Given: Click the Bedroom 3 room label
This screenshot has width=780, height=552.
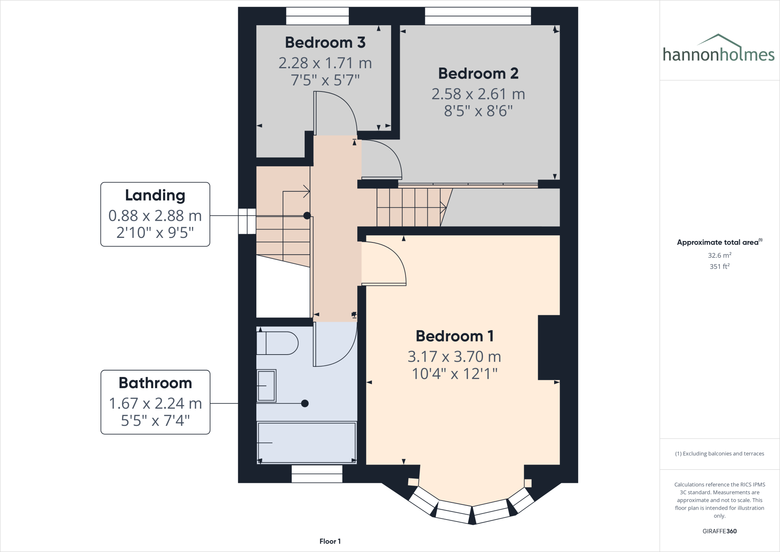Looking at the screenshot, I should pos(325,42).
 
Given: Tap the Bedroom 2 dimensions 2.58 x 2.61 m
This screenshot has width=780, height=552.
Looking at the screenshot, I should pos(478,94).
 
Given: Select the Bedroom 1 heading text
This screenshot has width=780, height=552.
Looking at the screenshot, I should pos(454,336).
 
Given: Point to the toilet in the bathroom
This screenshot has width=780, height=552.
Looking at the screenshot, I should pos(277,343).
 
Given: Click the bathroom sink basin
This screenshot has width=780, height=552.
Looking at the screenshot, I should pos(266,385).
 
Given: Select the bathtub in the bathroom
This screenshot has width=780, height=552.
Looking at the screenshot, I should pos(307,442).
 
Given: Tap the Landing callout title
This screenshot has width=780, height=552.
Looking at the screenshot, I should pos(155,195).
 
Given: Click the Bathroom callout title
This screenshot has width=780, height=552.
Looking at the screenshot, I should pos(155,383).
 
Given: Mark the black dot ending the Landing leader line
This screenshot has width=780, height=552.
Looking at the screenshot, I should pos(307,216).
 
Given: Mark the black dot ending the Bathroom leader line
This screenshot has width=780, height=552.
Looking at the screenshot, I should pos(305,403).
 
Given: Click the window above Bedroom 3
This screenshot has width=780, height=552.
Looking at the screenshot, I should pos(317,16).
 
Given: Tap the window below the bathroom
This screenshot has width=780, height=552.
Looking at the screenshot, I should pos(316,473).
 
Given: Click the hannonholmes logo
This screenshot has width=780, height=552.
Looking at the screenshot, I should pos(718,50).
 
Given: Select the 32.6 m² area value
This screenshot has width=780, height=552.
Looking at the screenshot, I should pos(719,255).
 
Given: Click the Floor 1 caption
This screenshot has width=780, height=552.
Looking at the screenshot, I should pos(330,541).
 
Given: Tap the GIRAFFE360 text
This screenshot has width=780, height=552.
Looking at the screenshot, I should pos(719,531).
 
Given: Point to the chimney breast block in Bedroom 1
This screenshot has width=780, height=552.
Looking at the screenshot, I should pos(548,347).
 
